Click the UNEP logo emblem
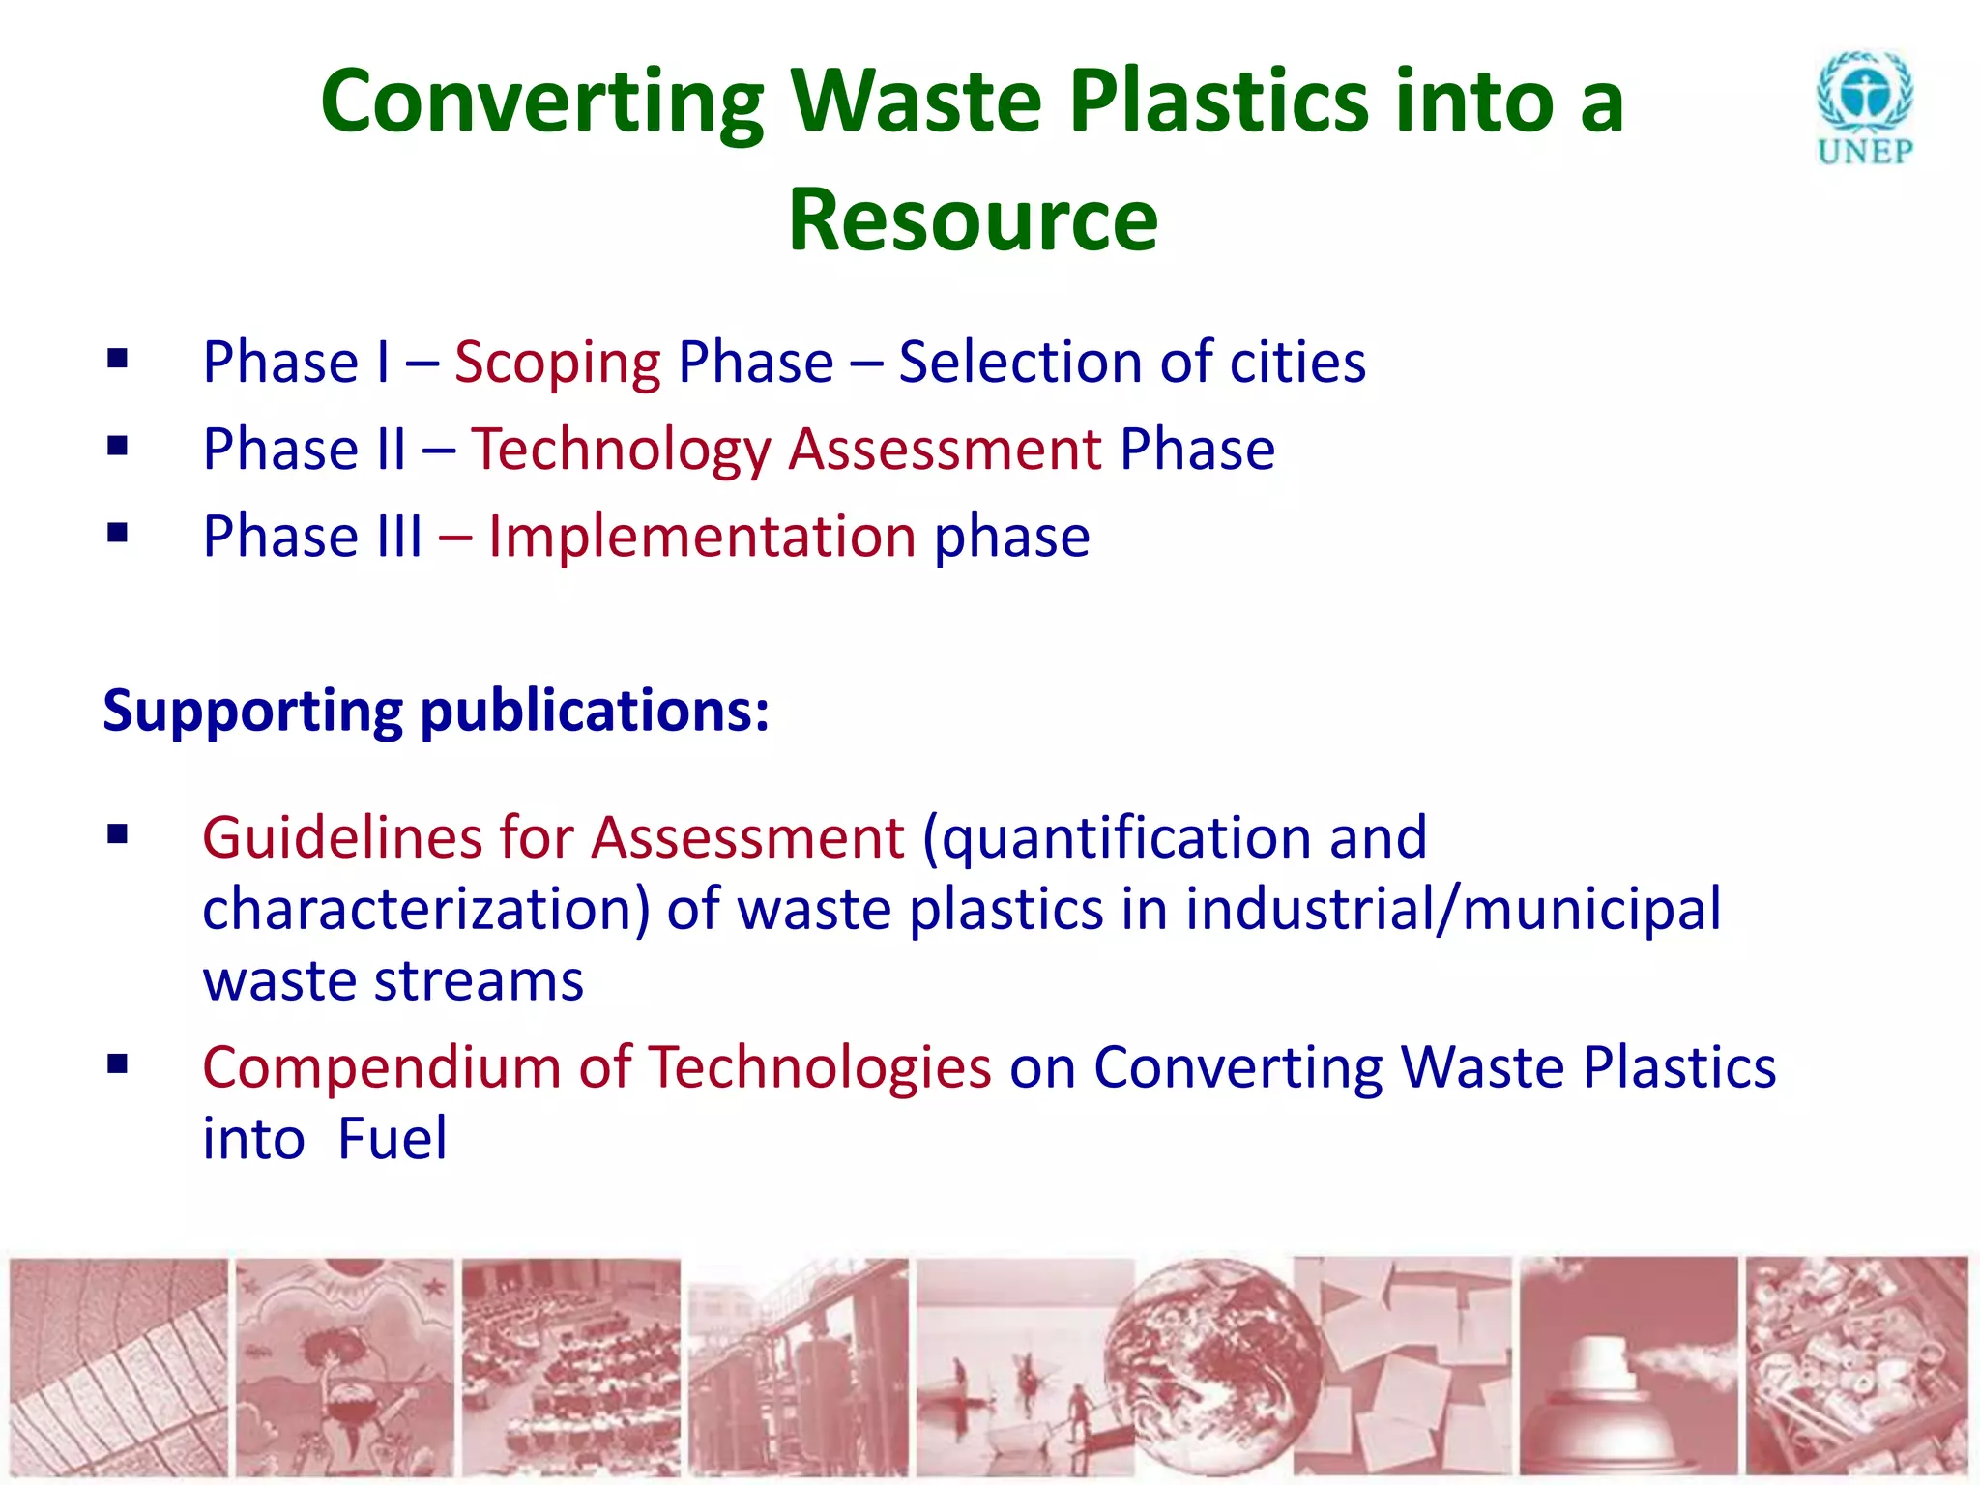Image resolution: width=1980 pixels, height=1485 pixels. (x=1865, y=98)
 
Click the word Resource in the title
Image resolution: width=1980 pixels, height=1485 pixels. (x=973, y=220)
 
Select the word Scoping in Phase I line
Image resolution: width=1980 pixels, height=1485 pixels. (x=558, y=364)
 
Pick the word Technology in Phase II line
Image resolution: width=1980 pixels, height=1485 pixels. (x=621, y=451)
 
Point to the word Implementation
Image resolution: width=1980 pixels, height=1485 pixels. (x=702, y=537)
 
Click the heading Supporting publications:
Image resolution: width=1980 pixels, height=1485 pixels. (x=436, y=712)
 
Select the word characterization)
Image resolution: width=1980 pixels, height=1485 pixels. (x=426, y=910)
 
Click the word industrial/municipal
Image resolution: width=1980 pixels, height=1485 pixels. (x=1453, y=910)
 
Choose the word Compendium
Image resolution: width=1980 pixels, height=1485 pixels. (x=382, y=1067)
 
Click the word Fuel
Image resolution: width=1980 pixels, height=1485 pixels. (x=393, y=1139)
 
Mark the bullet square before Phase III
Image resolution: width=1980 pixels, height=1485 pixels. (x=118, y=533)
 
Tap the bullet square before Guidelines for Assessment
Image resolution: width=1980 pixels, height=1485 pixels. (x=118, y=833)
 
